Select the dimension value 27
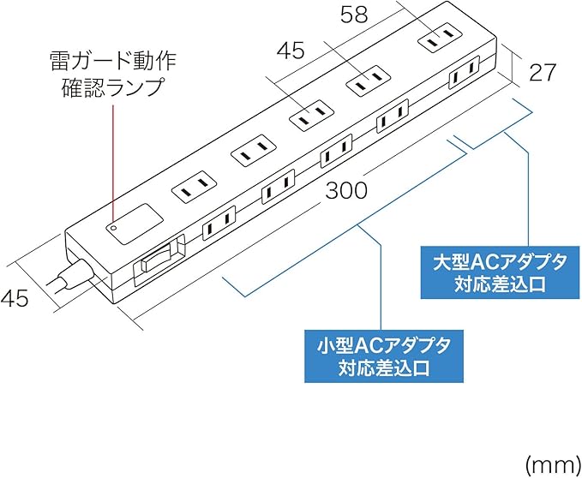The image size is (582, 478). pos(543,72)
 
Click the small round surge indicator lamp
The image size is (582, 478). pos(112,228)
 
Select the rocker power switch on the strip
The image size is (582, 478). pos(161,256)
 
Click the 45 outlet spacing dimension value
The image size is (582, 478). pos(291,51)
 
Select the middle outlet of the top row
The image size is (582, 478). pos(310,113)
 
